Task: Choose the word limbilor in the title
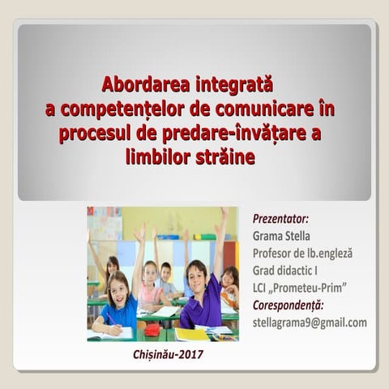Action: pyautogui.click(x=160, y=157)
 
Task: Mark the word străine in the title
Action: pyautogui.click(x=226, y=157)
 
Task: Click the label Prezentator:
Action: pyautogui.click(x=281, y=219)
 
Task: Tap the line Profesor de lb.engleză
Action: pyautogui.click(x=303, y=253)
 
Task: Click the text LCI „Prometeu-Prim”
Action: pyautogui.click(x=300, y=288)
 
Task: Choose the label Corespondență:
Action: pyautogui.click(x=289, y=305)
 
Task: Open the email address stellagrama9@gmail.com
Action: pyautogui.click(x=310, y=323)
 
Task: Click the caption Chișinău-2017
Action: pyautogui.click(x=168, y=354)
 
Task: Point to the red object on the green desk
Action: pyautogui.click(x=152, y=329)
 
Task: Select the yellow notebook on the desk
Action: pyautogui.click(x=191, y=334)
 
